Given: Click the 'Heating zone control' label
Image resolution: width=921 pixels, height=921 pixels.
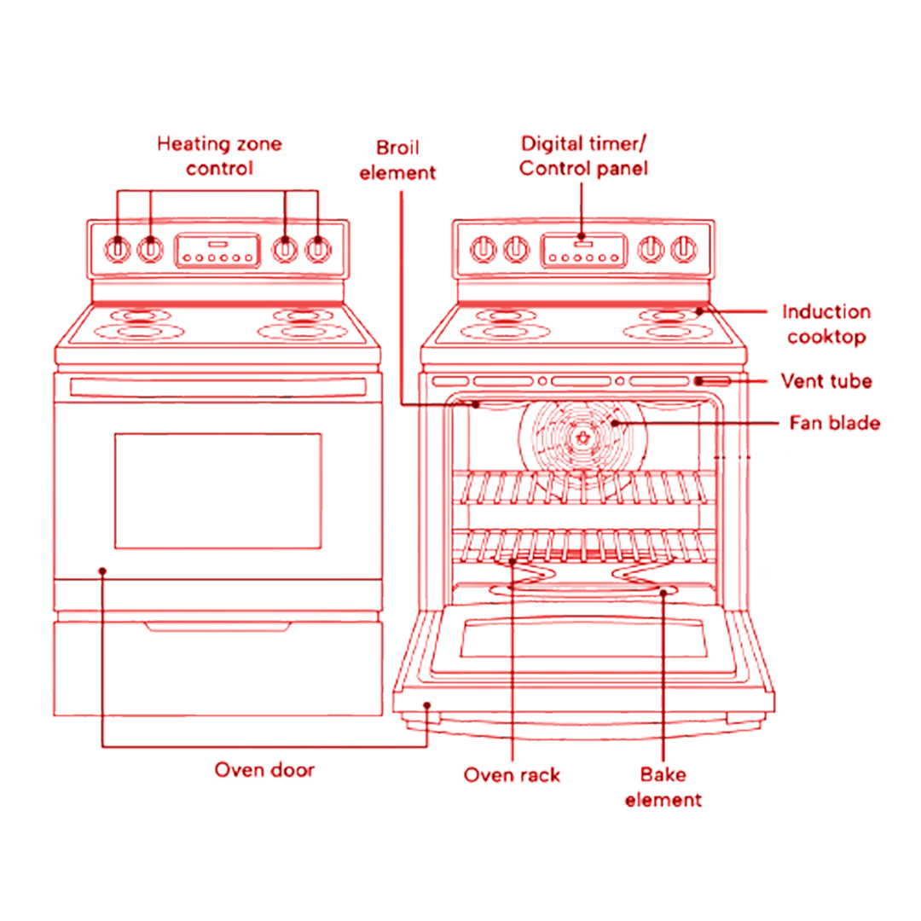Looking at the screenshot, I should (x=219, y=156).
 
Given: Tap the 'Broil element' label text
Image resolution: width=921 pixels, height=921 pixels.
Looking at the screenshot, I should (x=397, y=160).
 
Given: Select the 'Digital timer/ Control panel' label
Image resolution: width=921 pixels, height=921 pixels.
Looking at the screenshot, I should (x=583, y=155).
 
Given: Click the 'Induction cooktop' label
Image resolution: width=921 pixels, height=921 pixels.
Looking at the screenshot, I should (x=825, y=324).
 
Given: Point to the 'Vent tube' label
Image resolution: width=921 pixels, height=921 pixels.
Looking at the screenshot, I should (x=826, y=380).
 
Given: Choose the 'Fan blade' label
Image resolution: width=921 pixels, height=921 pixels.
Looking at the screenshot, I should (x=833, y=422).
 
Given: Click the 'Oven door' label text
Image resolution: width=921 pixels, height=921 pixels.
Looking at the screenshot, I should (x=264, y=770).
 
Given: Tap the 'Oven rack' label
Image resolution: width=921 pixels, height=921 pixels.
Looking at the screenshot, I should (x=512, y=774).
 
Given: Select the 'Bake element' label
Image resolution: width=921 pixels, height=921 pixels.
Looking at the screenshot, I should (x=663, y=787).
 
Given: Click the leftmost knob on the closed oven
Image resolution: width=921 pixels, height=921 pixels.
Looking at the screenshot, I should (x=118, y=250).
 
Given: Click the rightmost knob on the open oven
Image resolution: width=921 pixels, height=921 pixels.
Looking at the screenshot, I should (x=682, y=249).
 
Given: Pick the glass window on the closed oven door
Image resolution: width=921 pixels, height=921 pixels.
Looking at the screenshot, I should (x=218, y=490).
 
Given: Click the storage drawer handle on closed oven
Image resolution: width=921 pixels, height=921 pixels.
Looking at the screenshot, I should (x=217, y=628).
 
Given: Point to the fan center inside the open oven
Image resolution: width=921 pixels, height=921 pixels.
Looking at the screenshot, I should (x=583, y=437).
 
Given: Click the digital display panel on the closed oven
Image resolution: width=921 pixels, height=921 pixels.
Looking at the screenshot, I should (x=217, y=249).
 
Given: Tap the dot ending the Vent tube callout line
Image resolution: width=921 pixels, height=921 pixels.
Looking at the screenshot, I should (x=698, y=380).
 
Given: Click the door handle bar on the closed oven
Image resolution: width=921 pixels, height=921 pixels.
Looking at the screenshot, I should (x=218, y=386).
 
